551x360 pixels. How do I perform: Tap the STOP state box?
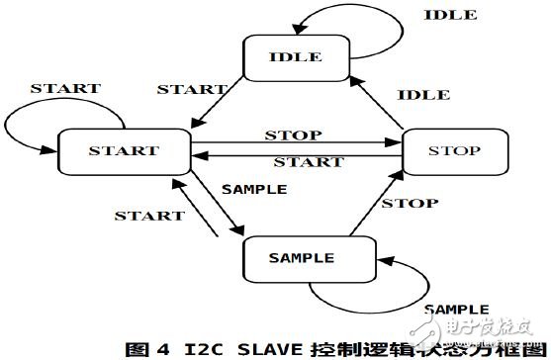pyautogui.click(x=455, y=151)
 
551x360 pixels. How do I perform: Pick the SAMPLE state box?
pyautogui.click(x=302, y=258)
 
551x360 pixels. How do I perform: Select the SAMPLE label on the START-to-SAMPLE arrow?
pyautogui.click(x=253, y=188)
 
